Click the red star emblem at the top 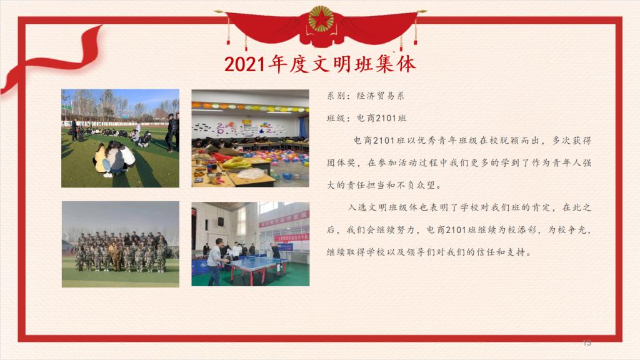point(321,19)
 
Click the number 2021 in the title point(244,64)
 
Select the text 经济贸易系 point(381,96)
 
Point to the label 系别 point(336,96)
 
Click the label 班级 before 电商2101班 point(336,118)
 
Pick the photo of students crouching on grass point(121,138)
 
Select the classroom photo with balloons point(250,138)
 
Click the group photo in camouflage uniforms point(121,244)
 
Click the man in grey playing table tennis point(215,262)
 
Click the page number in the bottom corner point(587,343)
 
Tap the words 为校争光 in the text point(567,230)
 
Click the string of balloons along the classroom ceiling point(250,107)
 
